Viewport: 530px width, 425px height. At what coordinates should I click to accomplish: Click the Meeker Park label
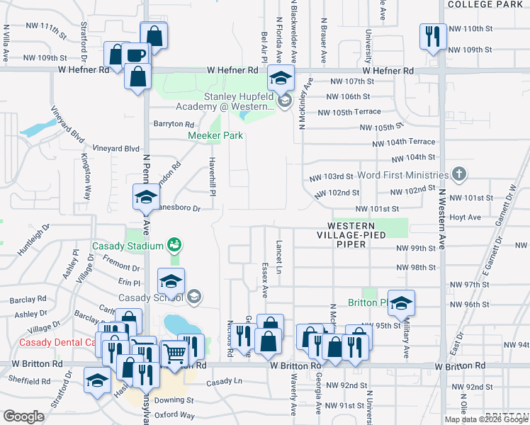tap(215, 135)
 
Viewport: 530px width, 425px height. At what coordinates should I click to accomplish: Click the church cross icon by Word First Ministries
tap(459, 174)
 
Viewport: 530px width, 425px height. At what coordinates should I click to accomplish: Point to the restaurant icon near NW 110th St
tap(432, 35)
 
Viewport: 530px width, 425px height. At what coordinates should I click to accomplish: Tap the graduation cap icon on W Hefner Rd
tap(281, 77)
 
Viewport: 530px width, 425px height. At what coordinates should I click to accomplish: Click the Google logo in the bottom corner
tap(23, 416)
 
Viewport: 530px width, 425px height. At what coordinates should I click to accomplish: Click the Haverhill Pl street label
tap(211, 174)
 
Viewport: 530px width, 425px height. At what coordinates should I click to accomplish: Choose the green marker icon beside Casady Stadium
tap(174, 245)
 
